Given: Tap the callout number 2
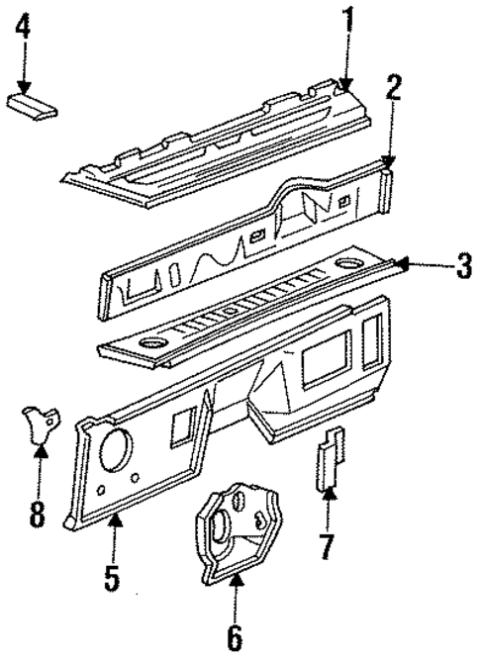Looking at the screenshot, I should pyautogui.click(x=393, y=89).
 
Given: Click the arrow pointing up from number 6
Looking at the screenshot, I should pyautogui.click(x=236, y=599).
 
